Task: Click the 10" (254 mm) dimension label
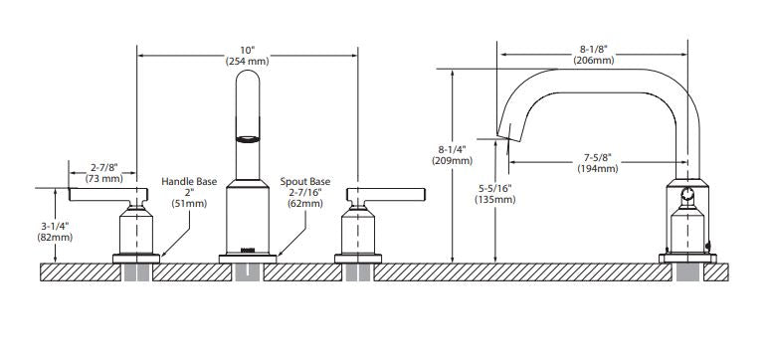[x=248, y=56]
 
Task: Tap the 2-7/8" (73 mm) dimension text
[x=103, y=173]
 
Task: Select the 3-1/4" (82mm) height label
[x=55, y=232]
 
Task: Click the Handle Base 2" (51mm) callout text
[x=189, y=192]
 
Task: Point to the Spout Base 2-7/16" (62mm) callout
[x=305, y=192]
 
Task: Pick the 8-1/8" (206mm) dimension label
[x=593, y=55]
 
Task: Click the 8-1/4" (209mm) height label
[x=453, y=155]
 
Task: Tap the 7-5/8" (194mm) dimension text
[x=597, y=163]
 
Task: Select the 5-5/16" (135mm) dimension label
[x=494, y=194]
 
